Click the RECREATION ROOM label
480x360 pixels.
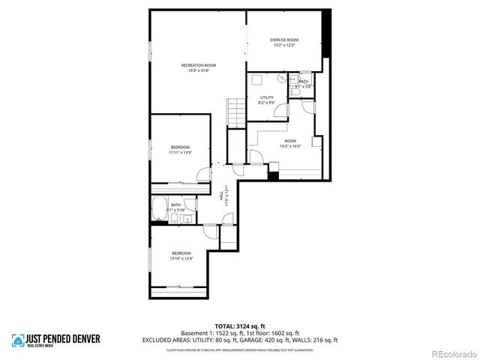pos(199,65)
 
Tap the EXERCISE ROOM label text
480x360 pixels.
pos(284,40)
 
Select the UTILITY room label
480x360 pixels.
pos(267,97)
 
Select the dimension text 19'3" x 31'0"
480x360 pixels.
pos(199,71)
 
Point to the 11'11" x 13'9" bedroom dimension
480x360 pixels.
pos(180,152)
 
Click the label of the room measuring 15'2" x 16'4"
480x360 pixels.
pos(289,140)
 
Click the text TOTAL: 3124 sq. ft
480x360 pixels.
pos(239,326)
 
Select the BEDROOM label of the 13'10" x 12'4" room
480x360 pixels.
pos(181,253)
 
